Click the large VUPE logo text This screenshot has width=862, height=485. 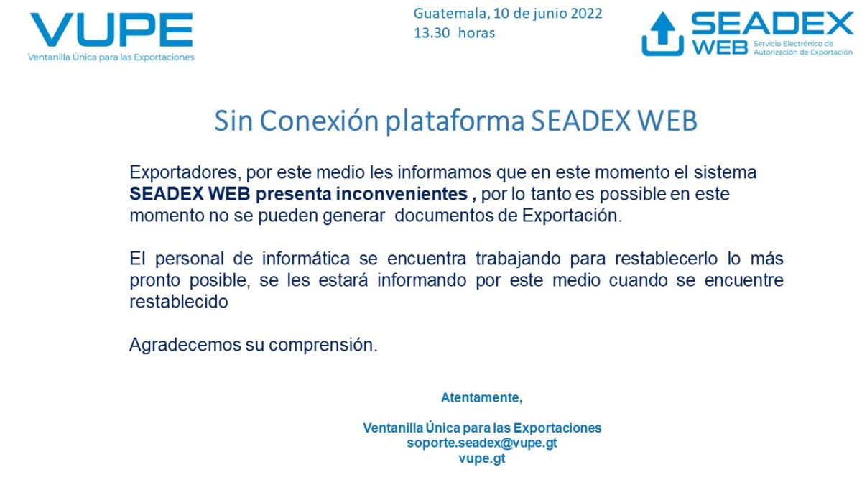click(x=111, y=29)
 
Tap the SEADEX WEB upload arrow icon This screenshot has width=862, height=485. click(x=662, y=34)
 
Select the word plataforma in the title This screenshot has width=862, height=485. click(x=455, y=121)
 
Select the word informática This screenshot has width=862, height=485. click(x=333, y=259)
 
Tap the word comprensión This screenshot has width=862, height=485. click(x=323, y=345)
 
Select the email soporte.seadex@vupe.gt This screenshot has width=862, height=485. click(x=481, y=443)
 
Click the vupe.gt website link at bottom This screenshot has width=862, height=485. click(x=481, y=458)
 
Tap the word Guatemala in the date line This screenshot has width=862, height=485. click(x=450, y=13)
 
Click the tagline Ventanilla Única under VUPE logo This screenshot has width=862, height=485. click(x=111, y=57)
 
